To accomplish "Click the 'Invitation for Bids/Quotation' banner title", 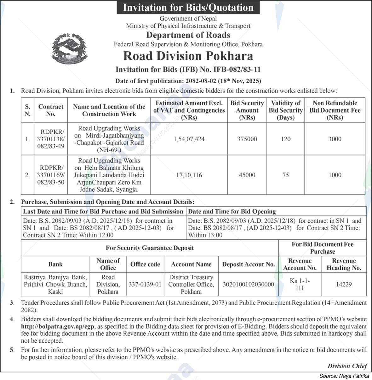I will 188,7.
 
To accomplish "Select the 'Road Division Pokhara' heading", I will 188,56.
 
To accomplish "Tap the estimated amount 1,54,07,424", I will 189,139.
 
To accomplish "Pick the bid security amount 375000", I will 247,139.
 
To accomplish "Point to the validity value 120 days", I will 286,139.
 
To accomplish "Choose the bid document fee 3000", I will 335,139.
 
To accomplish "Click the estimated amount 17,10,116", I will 189,175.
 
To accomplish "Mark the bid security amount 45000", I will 247,175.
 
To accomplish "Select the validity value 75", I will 286,175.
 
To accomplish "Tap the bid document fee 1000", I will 335,175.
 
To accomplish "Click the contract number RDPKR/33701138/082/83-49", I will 51,139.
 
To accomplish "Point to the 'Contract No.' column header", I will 51,110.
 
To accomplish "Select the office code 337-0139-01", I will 145,284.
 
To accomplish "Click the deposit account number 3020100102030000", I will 248,284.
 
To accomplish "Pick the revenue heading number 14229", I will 344,284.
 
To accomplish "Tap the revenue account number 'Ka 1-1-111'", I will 300,284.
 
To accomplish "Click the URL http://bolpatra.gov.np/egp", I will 58,327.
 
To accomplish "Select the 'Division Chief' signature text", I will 347,366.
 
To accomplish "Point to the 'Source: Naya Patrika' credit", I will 344,376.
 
